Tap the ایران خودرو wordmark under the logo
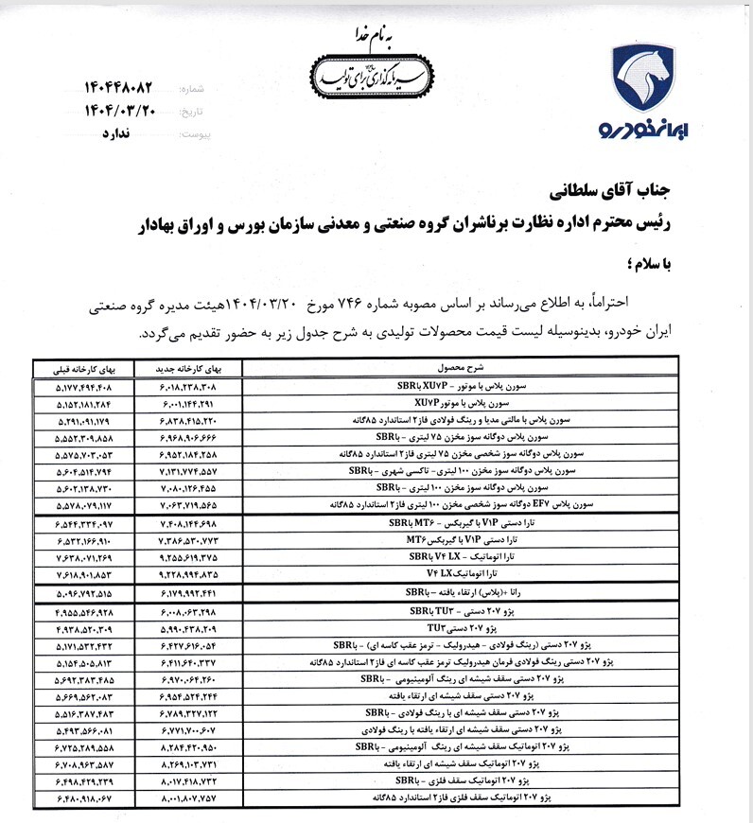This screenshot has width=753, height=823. coord(645,129)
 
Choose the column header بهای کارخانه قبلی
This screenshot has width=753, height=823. coord(81,366)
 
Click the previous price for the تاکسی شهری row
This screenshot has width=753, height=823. coord(81,470)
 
